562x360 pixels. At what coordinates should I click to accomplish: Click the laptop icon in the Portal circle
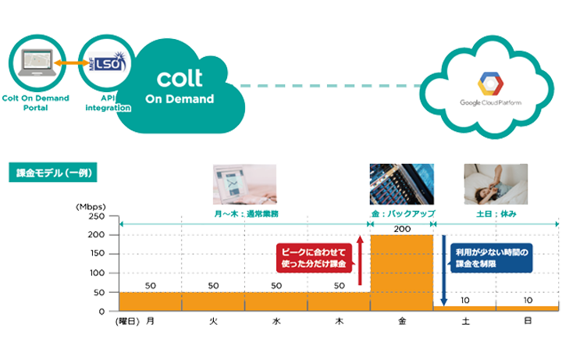click(34, 62)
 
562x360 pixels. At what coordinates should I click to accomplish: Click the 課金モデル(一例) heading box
click(52, 173)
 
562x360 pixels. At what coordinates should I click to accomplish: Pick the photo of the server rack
click(402, 184)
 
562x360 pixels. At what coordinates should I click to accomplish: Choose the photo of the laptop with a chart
click(244, 184)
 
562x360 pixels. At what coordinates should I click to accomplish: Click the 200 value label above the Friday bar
click(401, 229)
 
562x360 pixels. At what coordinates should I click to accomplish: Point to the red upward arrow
click(359, 263)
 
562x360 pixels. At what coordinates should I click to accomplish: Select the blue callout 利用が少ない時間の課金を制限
click(491, 258)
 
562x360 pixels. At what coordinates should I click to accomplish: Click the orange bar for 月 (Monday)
click(151, 301)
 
